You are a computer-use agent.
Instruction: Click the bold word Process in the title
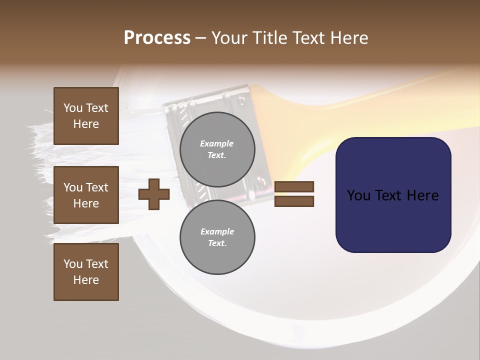157,38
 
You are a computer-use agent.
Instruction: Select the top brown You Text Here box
86,116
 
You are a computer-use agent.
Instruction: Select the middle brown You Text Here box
86,195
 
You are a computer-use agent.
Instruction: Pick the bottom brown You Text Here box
86,271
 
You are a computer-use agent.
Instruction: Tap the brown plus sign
154,194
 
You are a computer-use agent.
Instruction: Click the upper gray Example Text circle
217,149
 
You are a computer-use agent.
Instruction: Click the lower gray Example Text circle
217,237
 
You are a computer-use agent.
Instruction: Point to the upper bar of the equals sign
294,187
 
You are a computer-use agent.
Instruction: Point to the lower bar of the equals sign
294,201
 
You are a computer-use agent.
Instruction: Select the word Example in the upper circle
217,143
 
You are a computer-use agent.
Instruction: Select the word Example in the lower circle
217,231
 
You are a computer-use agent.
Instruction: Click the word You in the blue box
358,195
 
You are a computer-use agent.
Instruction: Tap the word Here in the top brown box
86,124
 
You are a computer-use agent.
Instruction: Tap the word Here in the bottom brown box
86,280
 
